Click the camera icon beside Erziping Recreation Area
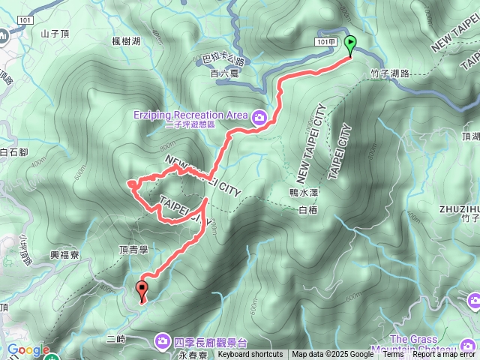259,115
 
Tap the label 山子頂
55,33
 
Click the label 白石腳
15,151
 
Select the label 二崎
116,339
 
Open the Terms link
393,355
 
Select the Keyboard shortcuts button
250,355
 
